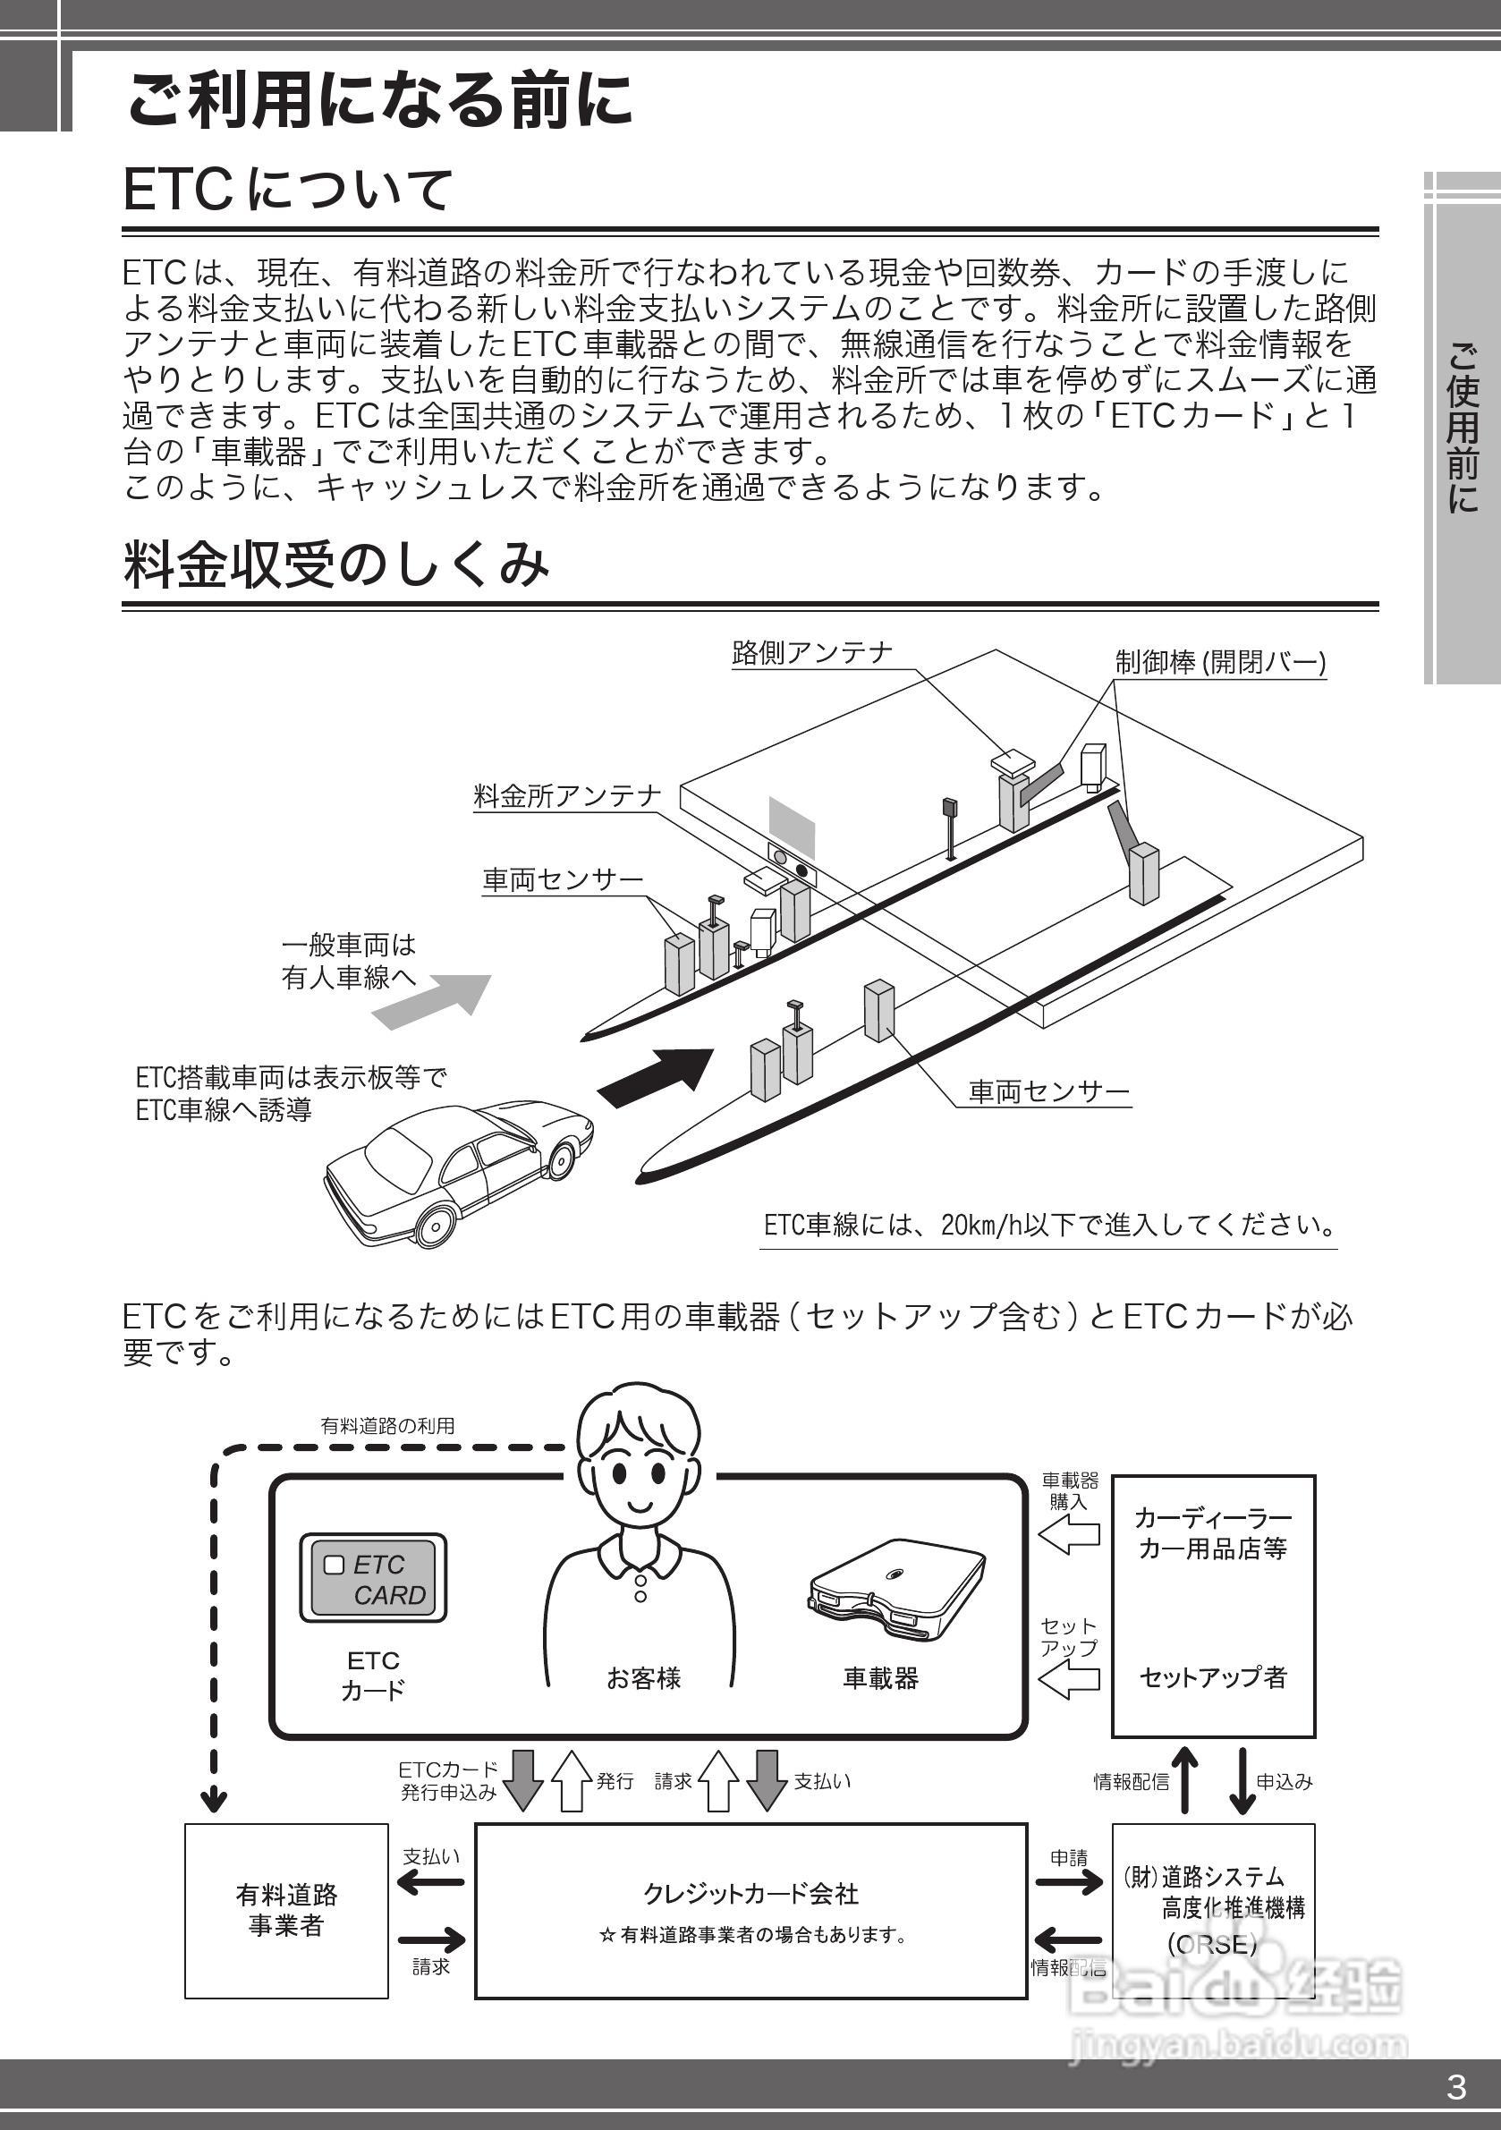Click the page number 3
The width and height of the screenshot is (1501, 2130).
point(1456,2086)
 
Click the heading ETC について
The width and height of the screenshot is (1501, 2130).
point(287,191)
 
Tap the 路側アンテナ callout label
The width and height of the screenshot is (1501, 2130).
point(811,653)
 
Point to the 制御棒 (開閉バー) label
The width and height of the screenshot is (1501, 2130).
point(1220,662)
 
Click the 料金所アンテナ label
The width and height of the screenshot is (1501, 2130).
point(567,796)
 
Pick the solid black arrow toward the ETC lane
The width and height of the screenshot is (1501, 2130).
point(657,1075)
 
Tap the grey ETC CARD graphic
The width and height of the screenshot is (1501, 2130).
point(373,1579)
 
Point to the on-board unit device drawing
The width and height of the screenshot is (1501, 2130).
point(895,1589)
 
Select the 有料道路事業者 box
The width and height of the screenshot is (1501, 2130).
point(285,1910)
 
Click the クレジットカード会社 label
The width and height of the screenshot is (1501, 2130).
point(750,1894)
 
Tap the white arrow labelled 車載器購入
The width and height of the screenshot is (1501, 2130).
point(1069,1536)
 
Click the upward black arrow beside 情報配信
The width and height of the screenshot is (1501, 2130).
point(1183,1780)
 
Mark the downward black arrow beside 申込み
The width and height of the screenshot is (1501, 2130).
point(1242,1780)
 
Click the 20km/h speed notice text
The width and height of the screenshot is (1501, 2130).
point(1048,1226)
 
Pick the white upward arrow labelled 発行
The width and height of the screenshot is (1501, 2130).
point(572,1780)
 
